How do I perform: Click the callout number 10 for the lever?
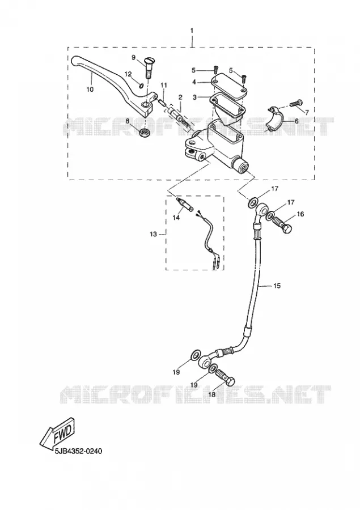pos(90,89)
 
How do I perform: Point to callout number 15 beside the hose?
pos(276,286)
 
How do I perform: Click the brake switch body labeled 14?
pos(185,205)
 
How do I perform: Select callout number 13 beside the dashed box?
pos(153,234)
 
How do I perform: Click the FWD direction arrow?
pos(58,433)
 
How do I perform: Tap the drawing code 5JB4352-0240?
pos(78,452)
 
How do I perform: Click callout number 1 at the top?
pos(192,30)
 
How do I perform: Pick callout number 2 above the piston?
pos(180,97)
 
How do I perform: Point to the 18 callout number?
pos(211,394)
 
